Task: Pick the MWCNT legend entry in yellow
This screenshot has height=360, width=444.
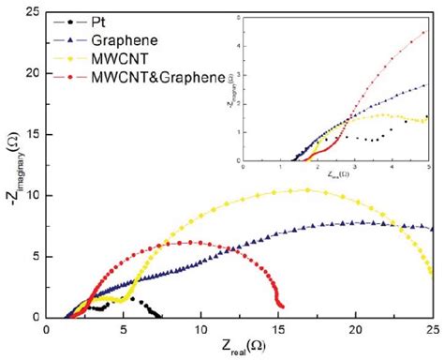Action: pos(114,58)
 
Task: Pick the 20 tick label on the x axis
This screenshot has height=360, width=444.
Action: pos(355,329)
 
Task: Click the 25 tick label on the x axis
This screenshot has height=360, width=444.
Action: pos(430,329)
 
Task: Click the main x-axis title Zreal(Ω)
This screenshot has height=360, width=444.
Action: pos(240,348)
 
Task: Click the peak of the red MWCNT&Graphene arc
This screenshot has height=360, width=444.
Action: pos(189,242)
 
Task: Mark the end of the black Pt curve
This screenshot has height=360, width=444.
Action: pos(161,316)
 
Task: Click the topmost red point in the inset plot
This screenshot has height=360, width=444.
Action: pos(426,32)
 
